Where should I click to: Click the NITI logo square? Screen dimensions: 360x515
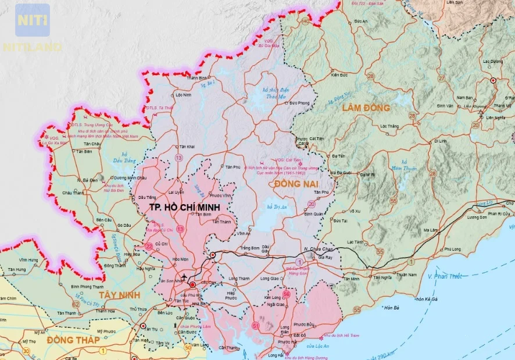(33, 20)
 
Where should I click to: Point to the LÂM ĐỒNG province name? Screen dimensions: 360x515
(366, 108)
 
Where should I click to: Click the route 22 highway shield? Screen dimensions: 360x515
(149, 247)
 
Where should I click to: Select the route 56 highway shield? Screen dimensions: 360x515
(287, 294)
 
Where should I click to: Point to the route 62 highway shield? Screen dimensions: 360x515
(76, 304)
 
